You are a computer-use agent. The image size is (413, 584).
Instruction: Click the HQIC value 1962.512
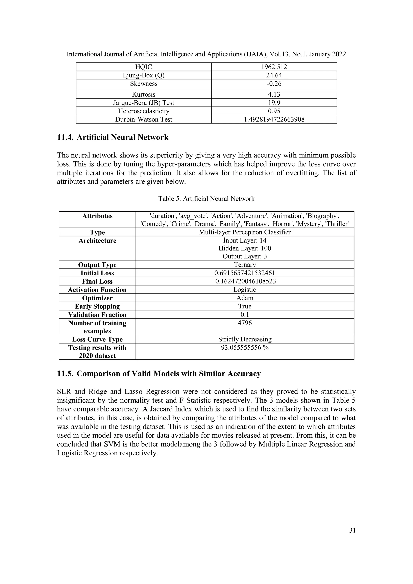[x=274, y=67]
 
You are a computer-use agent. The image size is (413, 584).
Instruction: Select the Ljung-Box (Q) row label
[x=144, y=75]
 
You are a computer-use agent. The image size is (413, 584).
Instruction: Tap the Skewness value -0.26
[x=274, y=84]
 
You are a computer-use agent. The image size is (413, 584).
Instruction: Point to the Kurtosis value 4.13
[x=274, y=94]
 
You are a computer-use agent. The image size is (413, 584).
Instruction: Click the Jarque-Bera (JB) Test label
[x=144, y=103]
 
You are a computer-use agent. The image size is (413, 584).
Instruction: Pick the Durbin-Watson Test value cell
[x=274, y=119]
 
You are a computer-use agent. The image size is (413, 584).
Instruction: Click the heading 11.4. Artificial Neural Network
[x=113, y=137]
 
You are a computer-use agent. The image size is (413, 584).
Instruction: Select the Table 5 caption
[x=206, y=199]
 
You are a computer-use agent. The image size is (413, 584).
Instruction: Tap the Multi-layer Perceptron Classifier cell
[x=245, y=232]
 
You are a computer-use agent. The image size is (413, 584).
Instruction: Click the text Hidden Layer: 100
[x=245, y=248]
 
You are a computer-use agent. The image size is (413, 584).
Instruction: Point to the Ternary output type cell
[x=245, y=264]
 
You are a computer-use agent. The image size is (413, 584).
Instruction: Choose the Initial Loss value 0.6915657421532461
[x=245, y=273]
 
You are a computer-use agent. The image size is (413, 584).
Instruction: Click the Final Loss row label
[x=97, y=281]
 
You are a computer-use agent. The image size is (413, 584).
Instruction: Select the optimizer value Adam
[x=245, y=298]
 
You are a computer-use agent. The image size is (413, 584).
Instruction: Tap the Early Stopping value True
[x=245, y=306]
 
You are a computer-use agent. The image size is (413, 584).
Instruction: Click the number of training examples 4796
[x=245, y=323]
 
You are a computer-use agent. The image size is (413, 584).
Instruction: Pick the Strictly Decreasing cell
[x=245, y=339]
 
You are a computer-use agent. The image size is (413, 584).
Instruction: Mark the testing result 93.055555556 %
[x=245, y=348]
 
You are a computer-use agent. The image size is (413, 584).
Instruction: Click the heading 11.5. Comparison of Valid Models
[x=159, y=374]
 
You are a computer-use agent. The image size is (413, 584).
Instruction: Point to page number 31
[x=352, y=530]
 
